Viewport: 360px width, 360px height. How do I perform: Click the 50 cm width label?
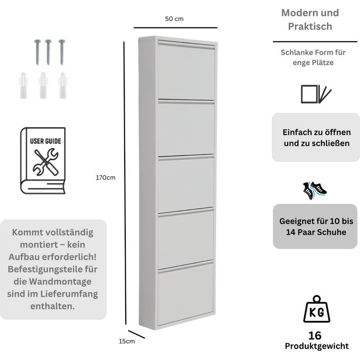coord(174,19)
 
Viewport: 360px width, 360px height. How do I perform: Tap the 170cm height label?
coord(106,178)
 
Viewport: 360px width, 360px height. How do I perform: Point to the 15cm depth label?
coord(127,341)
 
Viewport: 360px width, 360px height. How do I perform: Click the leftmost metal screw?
coord(38,52)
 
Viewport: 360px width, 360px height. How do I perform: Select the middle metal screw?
coord(48,52)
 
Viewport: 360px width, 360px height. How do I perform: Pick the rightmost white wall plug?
coord(63,86)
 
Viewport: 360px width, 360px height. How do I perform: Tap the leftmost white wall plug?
coord(23,86)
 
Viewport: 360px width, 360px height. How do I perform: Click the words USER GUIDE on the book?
coord(45,141)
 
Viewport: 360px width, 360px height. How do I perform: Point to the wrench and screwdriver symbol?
coord(45,162)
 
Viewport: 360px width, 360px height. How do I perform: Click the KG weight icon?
coord(316,309)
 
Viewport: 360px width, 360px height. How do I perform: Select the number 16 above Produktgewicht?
coord(315,336)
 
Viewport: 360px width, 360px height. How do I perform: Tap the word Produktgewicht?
coord(317,346)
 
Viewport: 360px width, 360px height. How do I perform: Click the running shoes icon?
coord(315,190)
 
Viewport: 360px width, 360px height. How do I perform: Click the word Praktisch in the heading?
coord(310,26)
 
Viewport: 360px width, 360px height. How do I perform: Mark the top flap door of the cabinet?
coord(186,71)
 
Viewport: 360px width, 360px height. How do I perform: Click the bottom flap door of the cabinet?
coord(186,294)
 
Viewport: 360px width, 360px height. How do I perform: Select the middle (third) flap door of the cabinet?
coord(186,185)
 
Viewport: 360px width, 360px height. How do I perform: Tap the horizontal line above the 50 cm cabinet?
coord(176,28)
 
